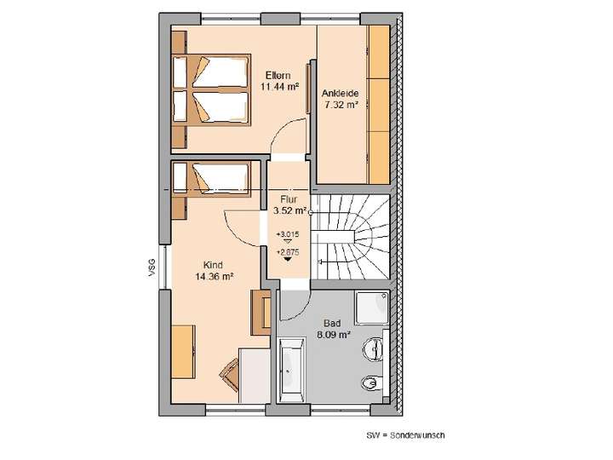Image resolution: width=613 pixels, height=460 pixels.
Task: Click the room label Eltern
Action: [278, 76]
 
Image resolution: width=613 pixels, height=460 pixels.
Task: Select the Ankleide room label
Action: [341, 94]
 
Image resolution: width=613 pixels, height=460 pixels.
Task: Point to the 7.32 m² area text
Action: [341, 105]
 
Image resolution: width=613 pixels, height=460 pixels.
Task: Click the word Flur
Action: [288, 198]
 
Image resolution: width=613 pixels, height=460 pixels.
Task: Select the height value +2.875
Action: [288, 252]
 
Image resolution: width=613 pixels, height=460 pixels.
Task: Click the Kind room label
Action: [214, 265]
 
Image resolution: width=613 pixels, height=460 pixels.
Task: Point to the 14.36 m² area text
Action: [214, 276]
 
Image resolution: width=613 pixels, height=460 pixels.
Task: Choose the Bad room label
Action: [332, 324]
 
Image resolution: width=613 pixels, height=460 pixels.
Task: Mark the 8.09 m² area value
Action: [332, 335]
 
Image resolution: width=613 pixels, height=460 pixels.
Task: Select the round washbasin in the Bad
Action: [374, 349]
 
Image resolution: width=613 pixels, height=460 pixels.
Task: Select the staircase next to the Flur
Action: [350, 238]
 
